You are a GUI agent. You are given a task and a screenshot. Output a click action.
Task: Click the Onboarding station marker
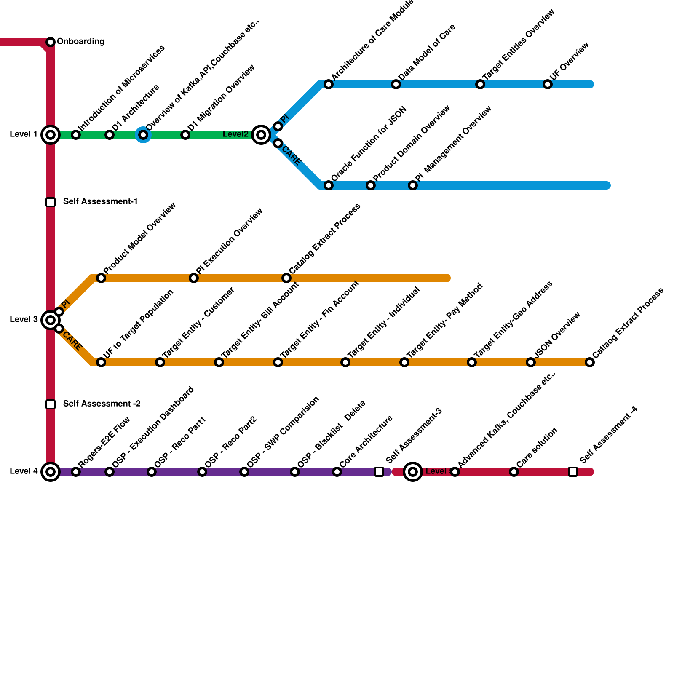(51, 42)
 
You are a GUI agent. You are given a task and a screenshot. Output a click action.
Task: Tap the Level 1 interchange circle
(51, 135)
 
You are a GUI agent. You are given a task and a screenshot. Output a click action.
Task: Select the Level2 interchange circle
(261, 135)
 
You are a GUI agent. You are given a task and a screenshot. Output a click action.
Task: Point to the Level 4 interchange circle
(51, 472)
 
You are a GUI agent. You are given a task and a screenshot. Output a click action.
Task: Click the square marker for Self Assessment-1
(51, 202)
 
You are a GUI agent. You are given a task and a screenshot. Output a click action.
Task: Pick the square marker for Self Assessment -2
(51, 404)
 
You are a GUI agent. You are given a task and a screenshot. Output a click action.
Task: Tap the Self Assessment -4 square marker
(573, 472)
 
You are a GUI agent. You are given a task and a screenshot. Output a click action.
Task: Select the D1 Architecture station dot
(110, 135)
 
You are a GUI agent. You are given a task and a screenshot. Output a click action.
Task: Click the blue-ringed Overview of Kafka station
(143, 135)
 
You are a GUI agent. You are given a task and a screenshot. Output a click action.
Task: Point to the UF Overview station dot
(548, 84)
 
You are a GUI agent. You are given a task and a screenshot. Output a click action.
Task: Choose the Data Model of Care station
(396, 84)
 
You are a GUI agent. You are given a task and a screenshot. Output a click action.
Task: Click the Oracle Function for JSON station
(329, 185)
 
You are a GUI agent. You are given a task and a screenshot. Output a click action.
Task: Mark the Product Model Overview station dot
(101, 278)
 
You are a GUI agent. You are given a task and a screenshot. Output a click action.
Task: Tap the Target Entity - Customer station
(160, 362)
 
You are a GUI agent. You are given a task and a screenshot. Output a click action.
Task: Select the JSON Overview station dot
(531, 362)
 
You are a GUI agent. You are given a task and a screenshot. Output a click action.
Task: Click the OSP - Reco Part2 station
(202, 472)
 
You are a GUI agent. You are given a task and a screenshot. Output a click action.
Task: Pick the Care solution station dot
(514, 472)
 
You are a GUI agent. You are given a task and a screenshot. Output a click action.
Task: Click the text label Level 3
(24, 320)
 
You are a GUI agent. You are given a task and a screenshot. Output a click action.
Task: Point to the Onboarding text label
(80, 42)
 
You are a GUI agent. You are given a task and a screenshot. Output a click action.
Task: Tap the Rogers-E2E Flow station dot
(76, 472)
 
